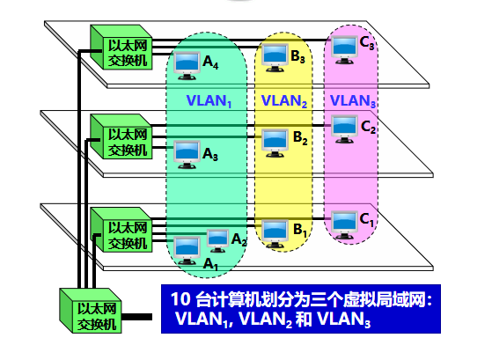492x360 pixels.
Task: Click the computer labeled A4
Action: [x=187, y=63]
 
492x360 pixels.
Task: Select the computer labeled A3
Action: [x=187, y=151]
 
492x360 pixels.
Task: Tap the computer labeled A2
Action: [x=217, y=237]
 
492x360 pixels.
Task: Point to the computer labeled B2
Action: [x=275, y=138]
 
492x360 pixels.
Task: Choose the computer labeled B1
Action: [x=275, y=229]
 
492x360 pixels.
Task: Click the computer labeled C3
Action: [x=344, y=47]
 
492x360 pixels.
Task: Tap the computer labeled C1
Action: [x=344, y=219]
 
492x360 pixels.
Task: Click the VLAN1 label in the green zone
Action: [x=209, y=101]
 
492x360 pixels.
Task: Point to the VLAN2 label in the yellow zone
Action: [x=284, y=101]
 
